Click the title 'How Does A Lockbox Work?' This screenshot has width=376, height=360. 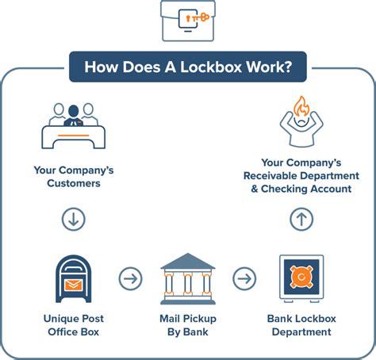tap(187, 67)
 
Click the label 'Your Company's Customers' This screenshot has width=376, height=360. tap(73, 175)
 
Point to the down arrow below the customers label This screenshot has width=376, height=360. tap(73, 220)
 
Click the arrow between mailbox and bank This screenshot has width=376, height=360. tap(130, 278)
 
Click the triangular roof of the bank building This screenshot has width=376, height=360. tap(188, 261)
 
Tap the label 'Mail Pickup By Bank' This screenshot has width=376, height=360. tap(188, 326)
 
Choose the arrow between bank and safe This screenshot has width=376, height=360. tap(244, 278)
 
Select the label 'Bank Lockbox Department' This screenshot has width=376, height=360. tap(301, 326)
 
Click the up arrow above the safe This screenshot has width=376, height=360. tap(301, 220)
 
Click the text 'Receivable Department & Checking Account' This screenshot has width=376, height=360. tap(301, 181)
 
